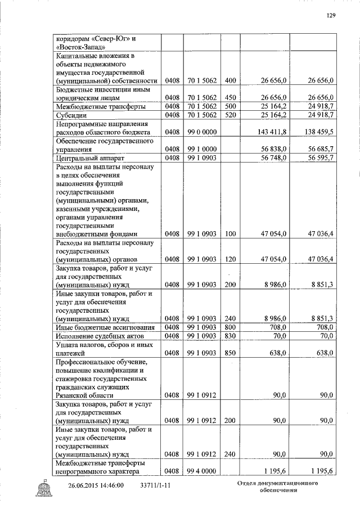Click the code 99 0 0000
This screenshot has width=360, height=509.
[202, 131]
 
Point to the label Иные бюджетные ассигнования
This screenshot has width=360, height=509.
[101, 327]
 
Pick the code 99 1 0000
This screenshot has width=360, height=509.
[202, 149]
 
